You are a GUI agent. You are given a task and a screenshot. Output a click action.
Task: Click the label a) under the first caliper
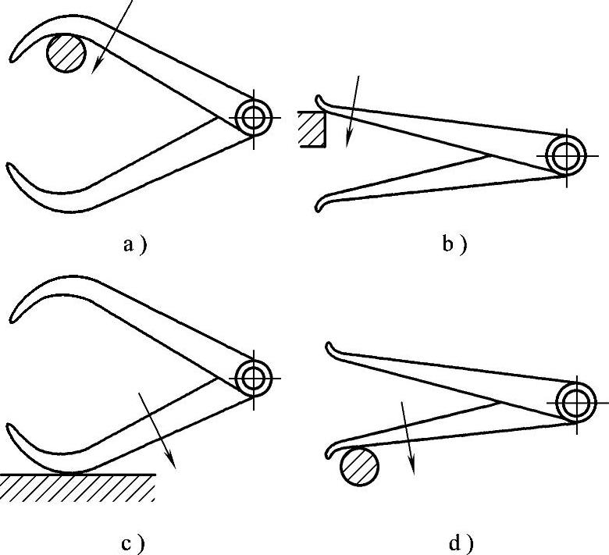[134, 245]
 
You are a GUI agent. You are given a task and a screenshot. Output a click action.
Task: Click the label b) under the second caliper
[454, 245]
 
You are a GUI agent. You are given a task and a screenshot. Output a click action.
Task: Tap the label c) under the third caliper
[134, 543]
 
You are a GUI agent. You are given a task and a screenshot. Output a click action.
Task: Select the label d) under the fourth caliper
[461, 543]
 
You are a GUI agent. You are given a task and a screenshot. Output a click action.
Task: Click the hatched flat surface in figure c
[78, 488]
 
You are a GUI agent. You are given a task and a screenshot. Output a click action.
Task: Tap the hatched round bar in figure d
[359, 469]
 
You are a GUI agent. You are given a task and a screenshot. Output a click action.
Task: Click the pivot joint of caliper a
[254, 118]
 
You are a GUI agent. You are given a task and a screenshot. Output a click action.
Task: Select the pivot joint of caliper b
[564, 155]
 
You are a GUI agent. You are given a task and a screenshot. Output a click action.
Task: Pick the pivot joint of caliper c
[254, 378]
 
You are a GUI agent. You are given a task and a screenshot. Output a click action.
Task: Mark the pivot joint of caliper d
[576, 403]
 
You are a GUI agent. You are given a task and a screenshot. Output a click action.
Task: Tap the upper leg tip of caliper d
[329, 346]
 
